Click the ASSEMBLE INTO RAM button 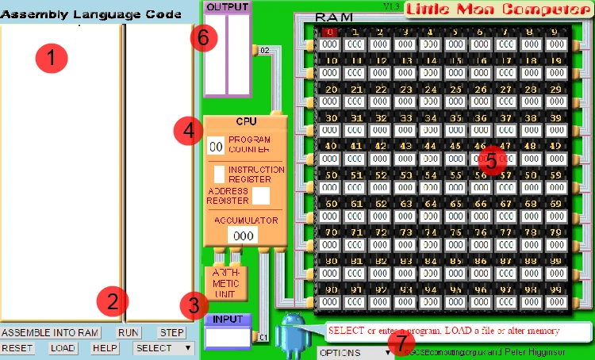click(x=50, y=333)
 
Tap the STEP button click(x=171, y=333)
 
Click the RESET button click(x=17, y=348)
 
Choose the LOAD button click(x=63, y=348)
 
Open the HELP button click(x=105, y=348)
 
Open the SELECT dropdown click(x=163, y=348)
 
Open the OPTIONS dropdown click(x=355, y=352)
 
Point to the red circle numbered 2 click(x=113, y=301)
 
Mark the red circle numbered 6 click(x=204, y=36)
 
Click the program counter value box click(x=215, y=147)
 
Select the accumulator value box click(x=243, y=236)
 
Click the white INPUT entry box click(x=228, y=337)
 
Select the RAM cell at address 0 click(x=329, y=45)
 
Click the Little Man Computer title click(x=497, y=10)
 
